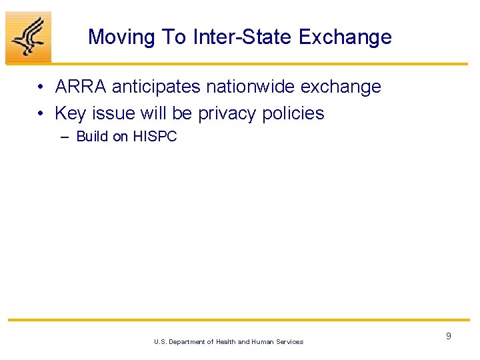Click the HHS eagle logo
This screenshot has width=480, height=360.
pyautogui.click(x=28, y=37)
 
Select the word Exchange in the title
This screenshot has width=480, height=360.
pyautogui.click(x=345, y=37)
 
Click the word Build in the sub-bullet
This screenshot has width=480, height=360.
pyautogui.click(x=92, y=137)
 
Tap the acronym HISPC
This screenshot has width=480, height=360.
pyautogui.click(x=155, y=137)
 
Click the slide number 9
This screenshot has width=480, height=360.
pyautogui.click(x=448, y=336)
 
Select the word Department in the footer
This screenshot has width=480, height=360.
pyautogui.click(x=191, y=342)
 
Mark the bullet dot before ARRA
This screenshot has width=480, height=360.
pyautogui.click(x=41, y=87)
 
